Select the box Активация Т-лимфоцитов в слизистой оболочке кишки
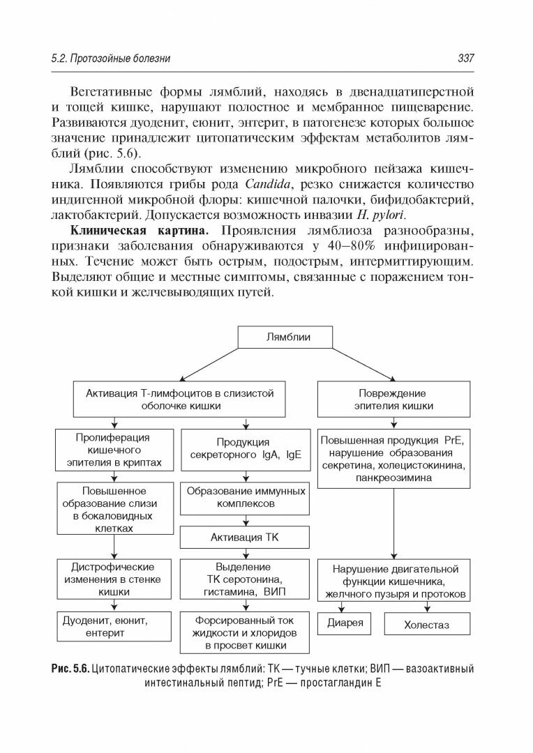[x=179, y=399]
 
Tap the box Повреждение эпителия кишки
[x=392, y=399]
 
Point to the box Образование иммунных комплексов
[x=244, y=496]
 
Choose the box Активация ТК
[x=244, y=538]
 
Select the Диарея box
[x=345, y=623]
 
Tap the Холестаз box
[x=426, y=625]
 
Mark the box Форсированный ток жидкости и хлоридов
[x=244, y=632]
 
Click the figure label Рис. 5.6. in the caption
[x=70, y=669]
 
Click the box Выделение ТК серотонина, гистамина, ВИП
[x=244, y=579]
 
